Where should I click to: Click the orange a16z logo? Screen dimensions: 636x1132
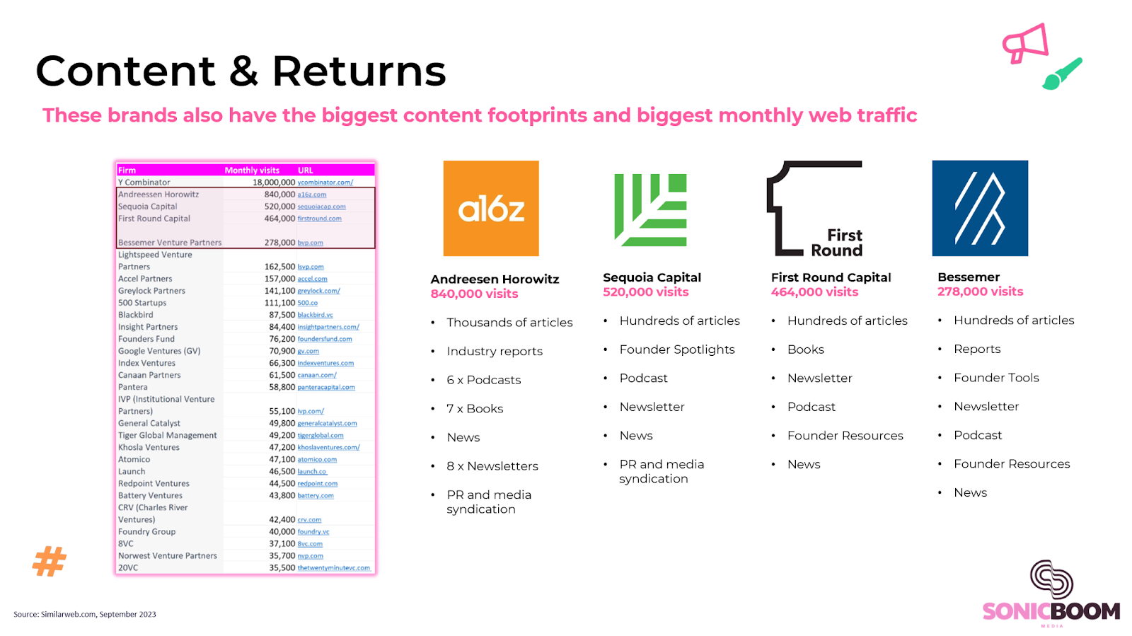491,208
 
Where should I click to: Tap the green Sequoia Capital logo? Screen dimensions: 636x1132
650,210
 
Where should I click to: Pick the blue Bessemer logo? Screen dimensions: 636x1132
980,208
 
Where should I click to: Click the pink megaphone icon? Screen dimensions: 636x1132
1025,43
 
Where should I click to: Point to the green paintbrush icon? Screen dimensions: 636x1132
1062,74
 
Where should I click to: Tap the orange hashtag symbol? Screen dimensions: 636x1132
50,561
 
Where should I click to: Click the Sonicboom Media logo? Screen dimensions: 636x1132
1051,594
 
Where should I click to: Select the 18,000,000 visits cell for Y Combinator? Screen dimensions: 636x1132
274,183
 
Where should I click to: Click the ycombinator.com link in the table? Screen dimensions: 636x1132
325,183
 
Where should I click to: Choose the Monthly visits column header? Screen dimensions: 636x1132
252,170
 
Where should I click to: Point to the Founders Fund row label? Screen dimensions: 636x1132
146,339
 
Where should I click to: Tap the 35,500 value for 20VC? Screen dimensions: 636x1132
282,568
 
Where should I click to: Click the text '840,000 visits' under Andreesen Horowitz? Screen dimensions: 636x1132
474,294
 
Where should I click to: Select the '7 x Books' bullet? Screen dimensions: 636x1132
475,409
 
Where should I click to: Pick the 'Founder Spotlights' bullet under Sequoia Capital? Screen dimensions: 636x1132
677,349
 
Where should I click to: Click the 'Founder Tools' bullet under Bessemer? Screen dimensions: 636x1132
996,378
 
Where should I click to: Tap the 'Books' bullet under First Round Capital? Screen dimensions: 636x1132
806,349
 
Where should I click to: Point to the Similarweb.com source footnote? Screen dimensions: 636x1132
85,614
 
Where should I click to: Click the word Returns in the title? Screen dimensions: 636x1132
359,71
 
